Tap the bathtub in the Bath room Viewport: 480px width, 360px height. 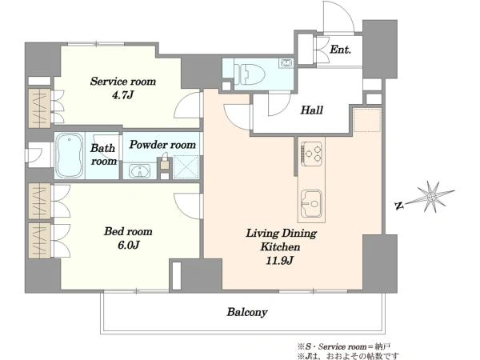[x=70, y=155]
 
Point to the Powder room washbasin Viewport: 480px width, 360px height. [x=139, y=171]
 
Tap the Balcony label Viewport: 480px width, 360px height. [x=247, y=312]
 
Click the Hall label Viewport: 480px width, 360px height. [x=312, y=110]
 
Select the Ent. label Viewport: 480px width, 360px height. [x=340, y=50]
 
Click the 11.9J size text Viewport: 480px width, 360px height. [x=279, y=261]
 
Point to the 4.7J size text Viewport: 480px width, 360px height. [x=122, y=95]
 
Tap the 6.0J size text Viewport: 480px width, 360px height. [x=129, y=245]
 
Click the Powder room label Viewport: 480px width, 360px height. [x=162, y=145]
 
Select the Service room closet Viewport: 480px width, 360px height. [x=39, y=108]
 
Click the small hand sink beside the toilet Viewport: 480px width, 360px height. [x=286, y=63]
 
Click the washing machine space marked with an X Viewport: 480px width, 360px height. [x=186, y=167]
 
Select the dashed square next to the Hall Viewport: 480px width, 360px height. [x=367, y=120]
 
